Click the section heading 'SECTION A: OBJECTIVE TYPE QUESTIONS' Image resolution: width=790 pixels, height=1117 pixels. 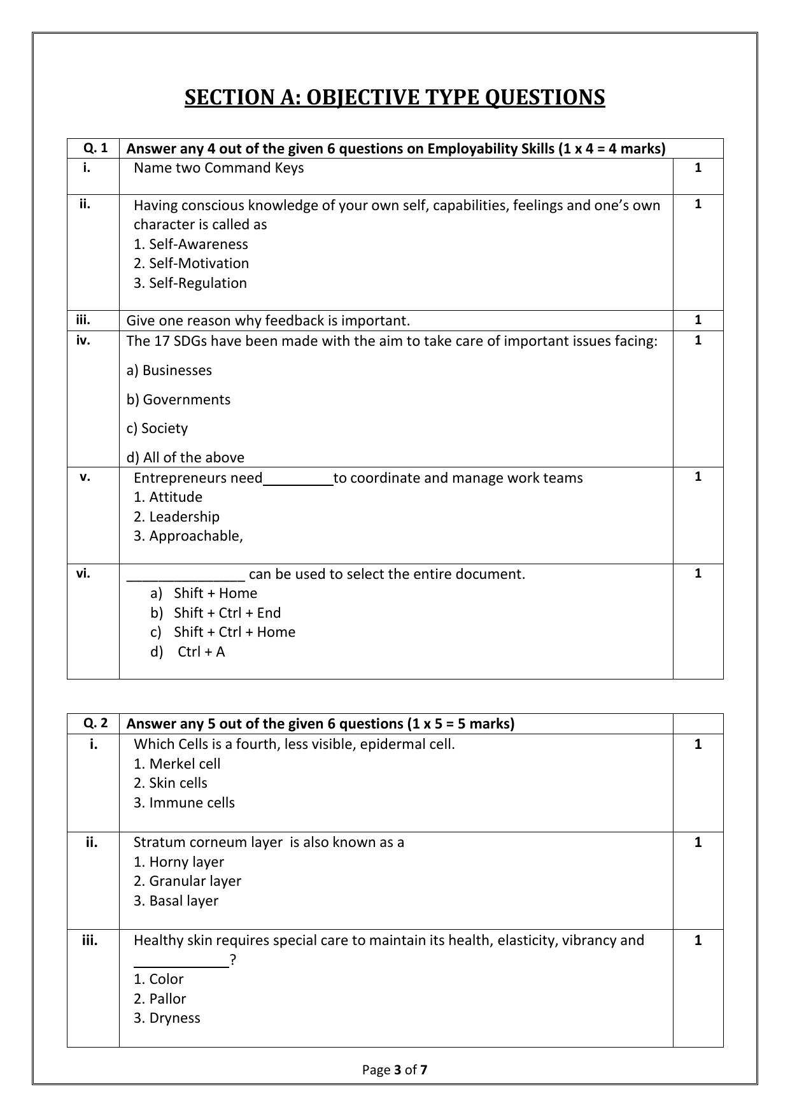click(x=395, y=97)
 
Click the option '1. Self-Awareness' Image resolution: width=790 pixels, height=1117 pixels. click(x=190, y=244)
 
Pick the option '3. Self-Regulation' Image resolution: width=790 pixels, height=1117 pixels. click(x=190, y=283)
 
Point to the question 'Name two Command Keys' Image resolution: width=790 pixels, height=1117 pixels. click(x=218, y=168)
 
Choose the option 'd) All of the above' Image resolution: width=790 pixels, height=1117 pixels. click(x=185, y=457)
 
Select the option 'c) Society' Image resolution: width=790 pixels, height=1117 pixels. click(x=157, y=428)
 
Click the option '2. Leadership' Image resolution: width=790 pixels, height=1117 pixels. click(x=176, y=516)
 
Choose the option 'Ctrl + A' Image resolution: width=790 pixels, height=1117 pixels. click(x=201, y=651)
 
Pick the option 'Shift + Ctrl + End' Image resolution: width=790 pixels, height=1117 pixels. click(x=227, y=613)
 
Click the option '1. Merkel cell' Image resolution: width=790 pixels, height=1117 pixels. click(x=177, y=764)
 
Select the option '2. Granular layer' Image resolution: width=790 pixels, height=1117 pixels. click(x=187, y=881)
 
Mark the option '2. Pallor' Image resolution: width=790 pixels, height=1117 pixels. click(x=160, y=999)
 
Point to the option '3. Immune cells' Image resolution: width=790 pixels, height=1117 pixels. click(x=184, y=802)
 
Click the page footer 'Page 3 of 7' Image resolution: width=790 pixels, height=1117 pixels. click(x=395, y=1069)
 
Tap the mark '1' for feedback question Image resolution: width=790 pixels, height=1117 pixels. click(x=698, y=320)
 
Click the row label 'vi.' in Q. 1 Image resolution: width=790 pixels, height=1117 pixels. click(x=83, y=573)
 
